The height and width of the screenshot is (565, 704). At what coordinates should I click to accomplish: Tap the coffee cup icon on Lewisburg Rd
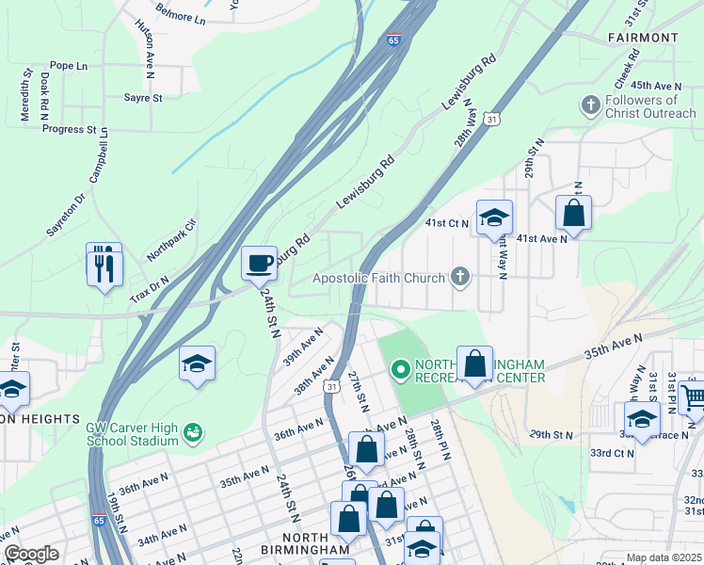coord(259,263)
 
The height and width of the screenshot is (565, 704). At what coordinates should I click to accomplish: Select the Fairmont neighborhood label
coord(643,37)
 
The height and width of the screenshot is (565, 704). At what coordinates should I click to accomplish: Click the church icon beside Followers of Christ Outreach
coord(590,104)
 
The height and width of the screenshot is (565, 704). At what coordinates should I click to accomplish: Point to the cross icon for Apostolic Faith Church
coord(459,276)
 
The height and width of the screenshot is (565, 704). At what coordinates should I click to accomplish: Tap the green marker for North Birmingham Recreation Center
coord(400,371)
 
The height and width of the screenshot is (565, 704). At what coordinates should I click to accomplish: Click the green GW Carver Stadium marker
coord(193,433)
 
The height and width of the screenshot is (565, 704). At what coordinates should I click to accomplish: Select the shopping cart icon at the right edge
coord(693,397)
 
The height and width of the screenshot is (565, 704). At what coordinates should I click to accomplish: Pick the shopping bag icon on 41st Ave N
coord(573,215)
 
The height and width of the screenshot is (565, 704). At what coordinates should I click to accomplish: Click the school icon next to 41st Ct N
coord(494,218)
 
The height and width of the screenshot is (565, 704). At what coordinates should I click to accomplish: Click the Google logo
coord(31,554)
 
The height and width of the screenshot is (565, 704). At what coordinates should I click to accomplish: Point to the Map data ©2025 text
coord(664,557)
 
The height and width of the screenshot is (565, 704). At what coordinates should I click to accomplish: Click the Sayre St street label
coord(143,97)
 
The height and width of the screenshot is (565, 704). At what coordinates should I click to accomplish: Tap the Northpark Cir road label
coord(171,241)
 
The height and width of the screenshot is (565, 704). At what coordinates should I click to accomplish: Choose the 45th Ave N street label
coord(656,85)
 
